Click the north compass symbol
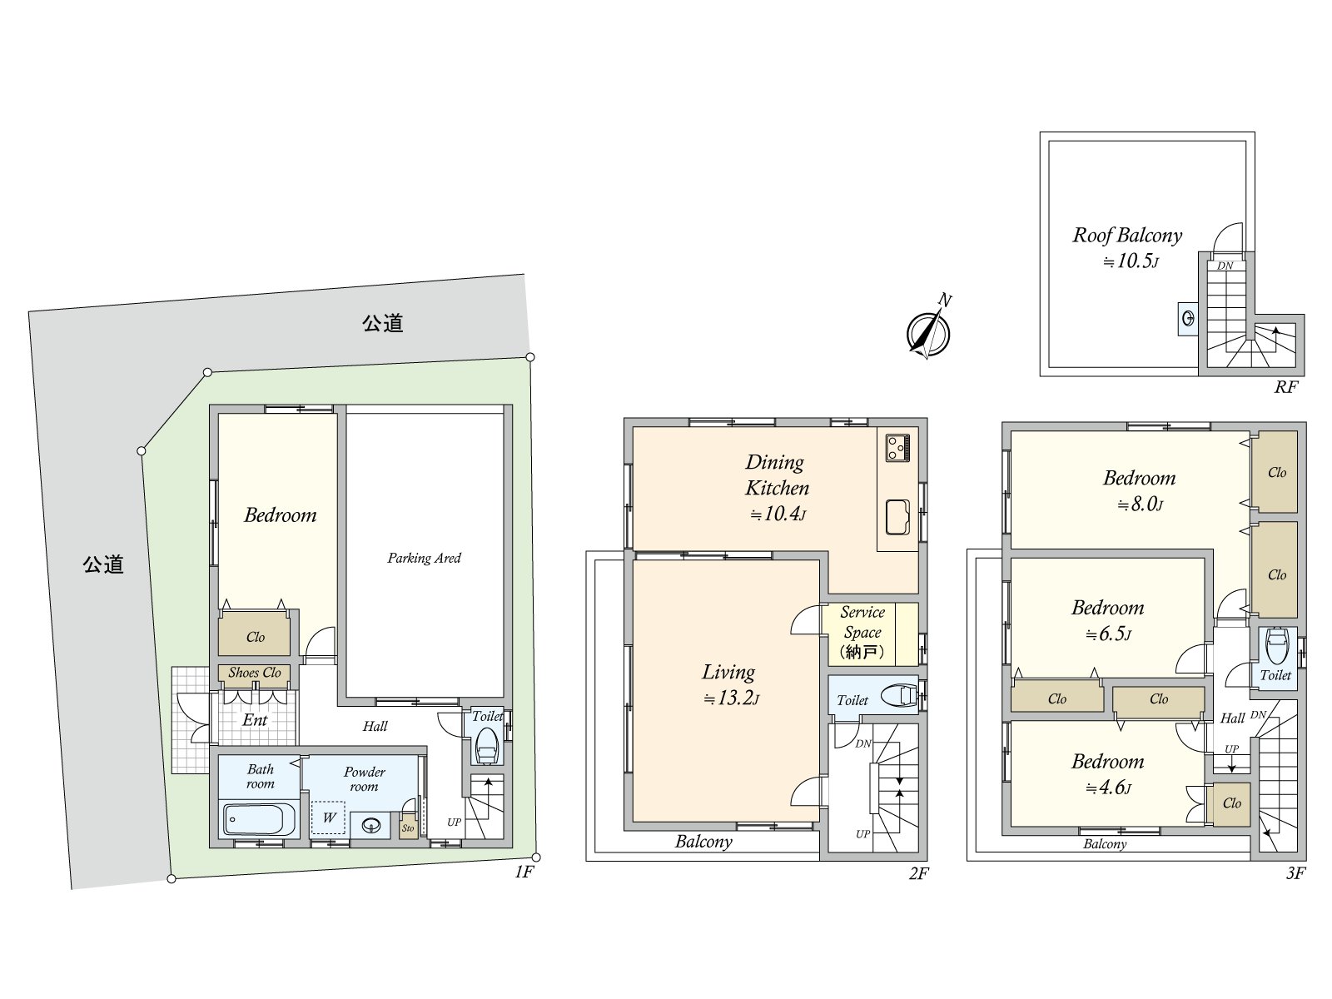pos(928,332)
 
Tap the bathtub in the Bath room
pos(259,820)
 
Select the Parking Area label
pos(424,558)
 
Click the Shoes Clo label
pos(255,673)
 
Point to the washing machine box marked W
pos(329,818)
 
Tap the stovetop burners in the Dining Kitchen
pos(897,447)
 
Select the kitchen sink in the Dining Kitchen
pos(897,517)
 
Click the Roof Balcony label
pos(1126,235)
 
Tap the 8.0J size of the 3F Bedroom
pos(1140,504)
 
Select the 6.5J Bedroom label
pos(1107,608)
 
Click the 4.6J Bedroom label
pos(1107,762)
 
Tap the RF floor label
pos(1285,387)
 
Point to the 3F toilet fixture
pos(1275,645)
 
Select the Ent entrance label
pos(255,720)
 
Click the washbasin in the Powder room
pos(370,826)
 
